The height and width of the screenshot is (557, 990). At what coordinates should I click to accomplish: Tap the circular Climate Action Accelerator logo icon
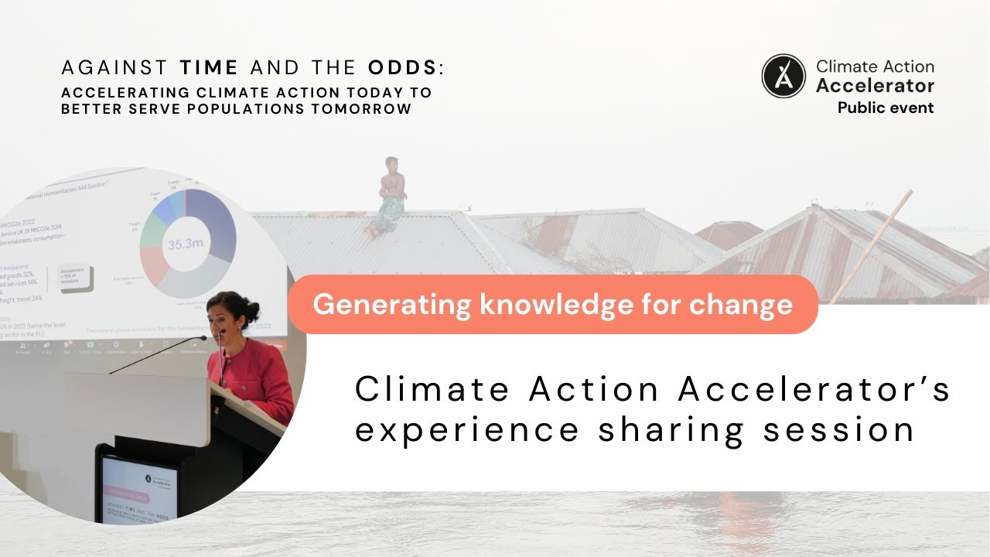pos(783,76)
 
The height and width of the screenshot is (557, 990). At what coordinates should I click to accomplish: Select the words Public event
pos(886,108)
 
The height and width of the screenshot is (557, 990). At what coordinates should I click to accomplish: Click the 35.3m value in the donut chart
pos(186,244)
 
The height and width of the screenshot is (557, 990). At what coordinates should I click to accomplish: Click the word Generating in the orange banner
pos(391,304)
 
